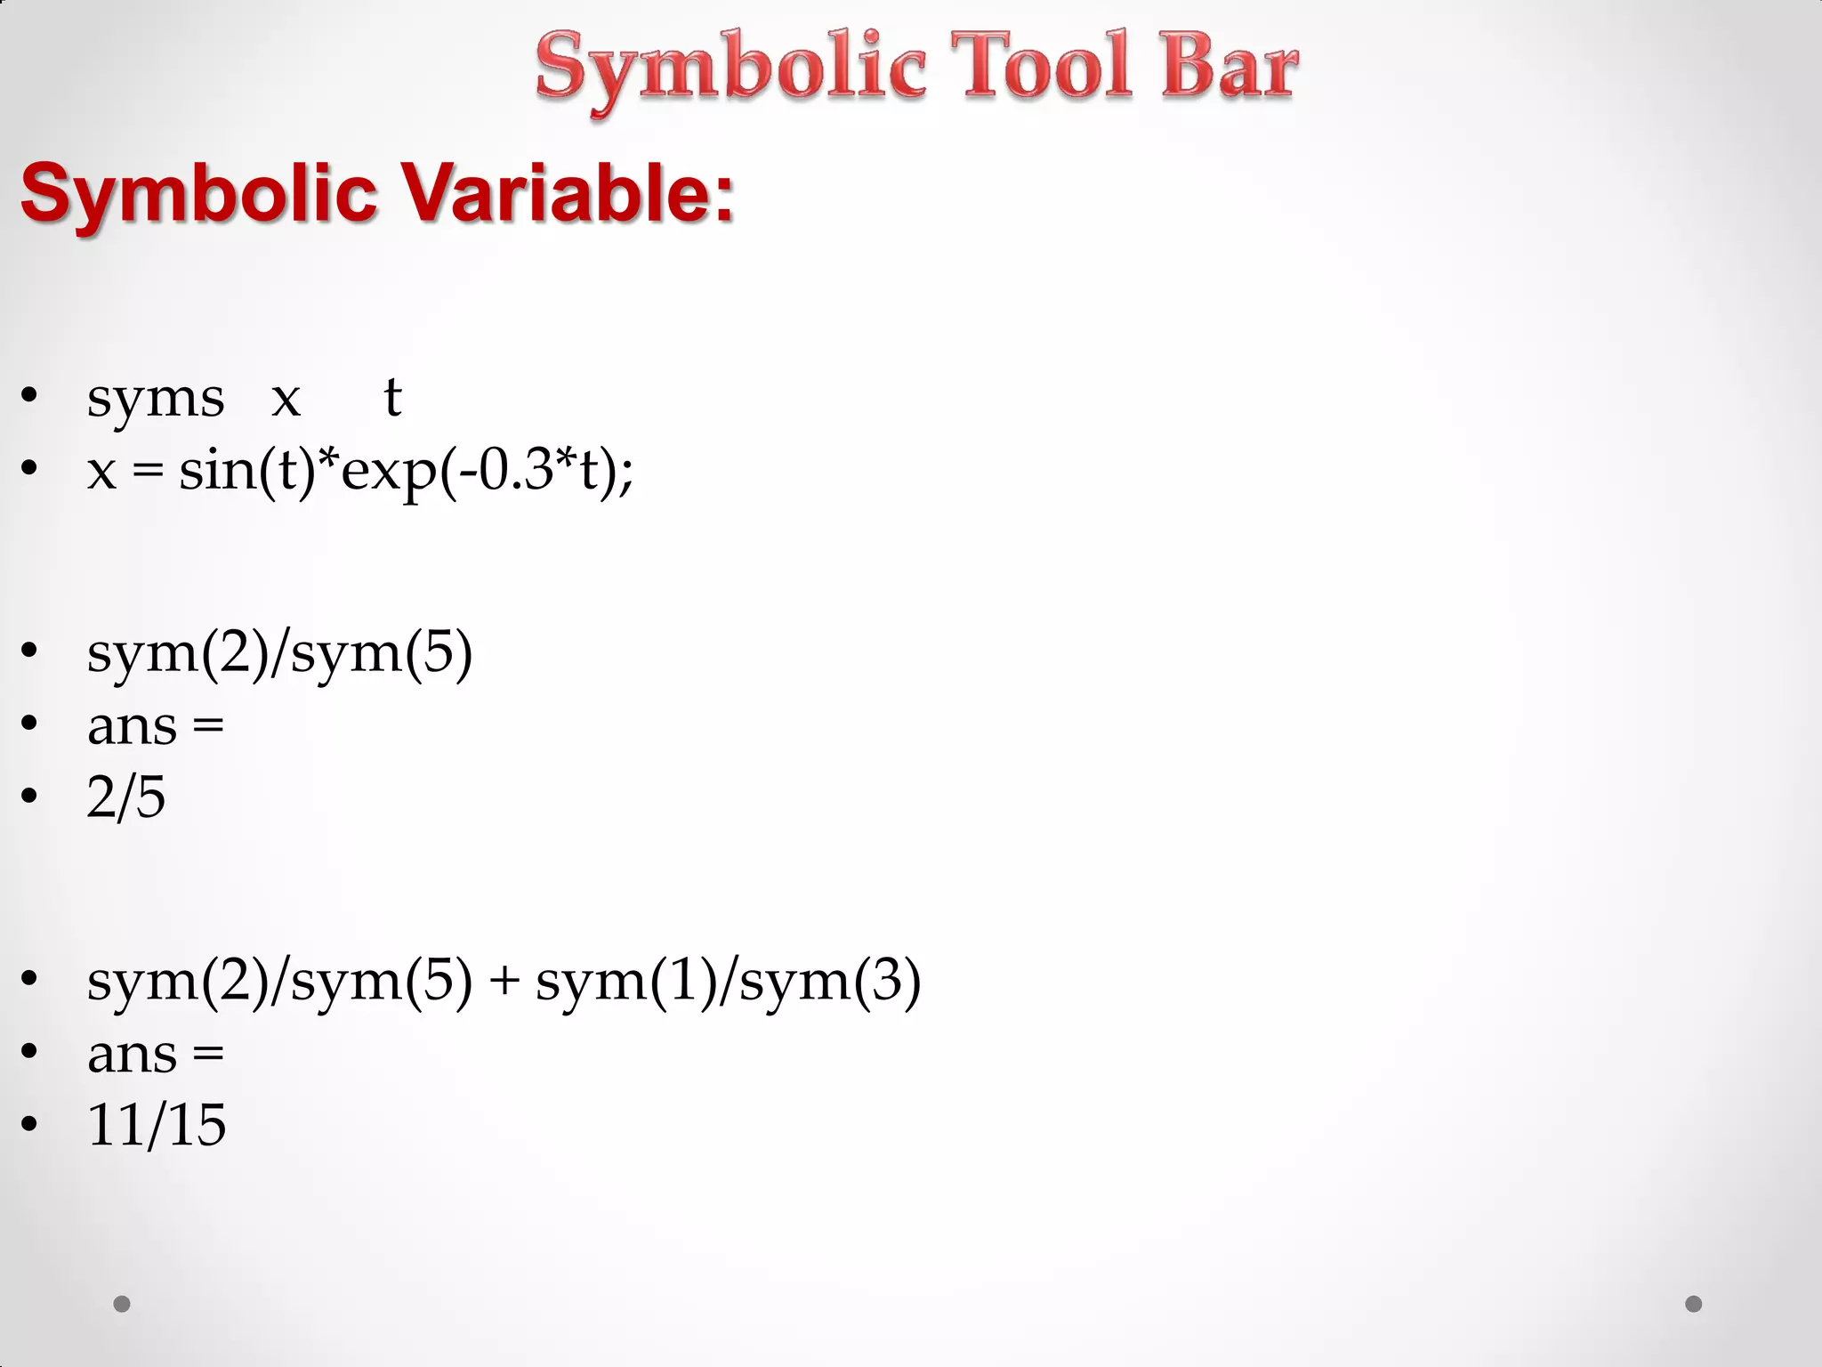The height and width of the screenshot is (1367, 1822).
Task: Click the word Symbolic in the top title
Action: [x=730, y=68]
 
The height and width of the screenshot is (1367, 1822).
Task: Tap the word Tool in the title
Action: [x=1042, y=66]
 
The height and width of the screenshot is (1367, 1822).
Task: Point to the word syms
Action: [x=155, y=398]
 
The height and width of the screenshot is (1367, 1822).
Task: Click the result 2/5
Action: [x=125, y=797]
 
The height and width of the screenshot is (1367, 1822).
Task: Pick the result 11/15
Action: [x=156, y=1124]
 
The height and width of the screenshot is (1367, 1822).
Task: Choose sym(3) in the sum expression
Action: [x=829, y=982]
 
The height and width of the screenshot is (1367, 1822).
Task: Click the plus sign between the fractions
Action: [x=504, y=982]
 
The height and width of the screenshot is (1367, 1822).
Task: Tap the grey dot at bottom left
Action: [x=122, y=1304]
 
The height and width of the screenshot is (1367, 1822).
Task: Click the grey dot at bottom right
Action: [x=1694, y=1304]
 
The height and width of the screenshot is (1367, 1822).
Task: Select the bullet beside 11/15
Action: [x=29, y=1124]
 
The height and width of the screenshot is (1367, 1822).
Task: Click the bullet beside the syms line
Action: [x=29, y=396]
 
